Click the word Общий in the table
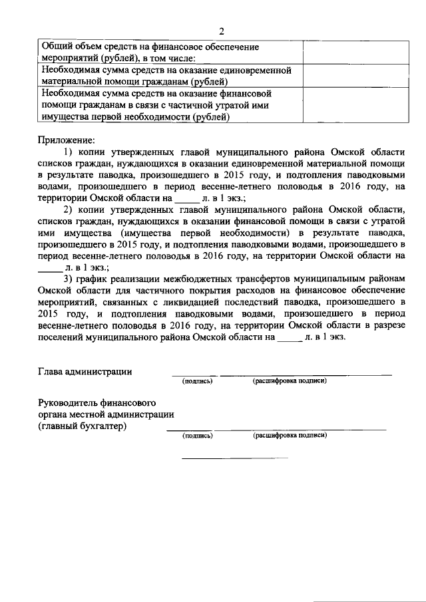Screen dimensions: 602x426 (57, 47)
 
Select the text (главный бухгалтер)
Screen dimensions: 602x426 (83, 427)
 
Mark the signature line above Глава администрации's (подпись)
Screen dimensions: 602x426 (194, 375)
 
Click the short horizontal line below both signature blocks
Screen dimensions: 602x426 (235, 458)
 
